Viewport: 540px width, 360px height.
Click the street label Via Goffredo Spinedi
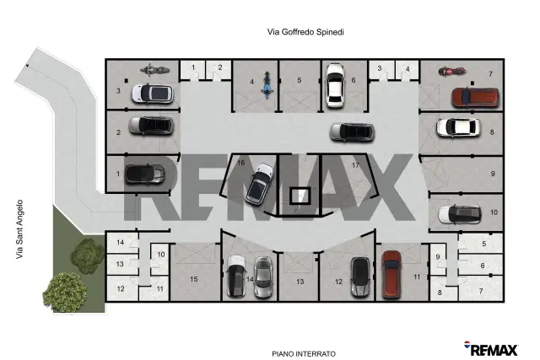[305, 32]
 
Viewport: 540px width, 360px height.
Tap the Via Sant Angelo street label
[19, 229]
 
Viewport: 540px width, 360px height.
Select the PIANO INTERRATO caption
[304, 353]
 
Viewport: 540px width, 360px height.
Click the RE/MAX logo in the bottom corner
[491, 349]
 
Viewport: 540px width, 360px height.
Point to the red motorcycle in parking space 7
[452, 72]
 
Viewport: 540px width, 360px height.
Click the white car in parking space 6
[335, 85]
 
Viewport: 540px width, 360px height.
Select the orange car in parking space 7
[475, 98]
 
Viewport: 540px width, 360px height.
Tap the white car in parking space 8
[458, 127]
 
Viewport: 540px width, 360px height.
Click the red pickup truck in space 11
[391, 274]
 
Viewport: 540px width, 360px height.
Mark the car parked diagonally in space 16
[260, 183]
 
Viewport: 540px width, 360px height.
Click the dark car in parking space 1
[144, 174]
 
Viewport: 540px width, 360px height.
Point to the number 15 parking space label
[194, 279]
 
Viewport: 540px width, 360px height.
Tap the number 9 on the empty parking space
[493, 174]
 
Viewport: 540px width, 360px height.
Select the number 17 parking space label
[355, 165]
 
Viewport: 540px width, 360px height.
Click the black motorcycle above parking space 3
[154, 70]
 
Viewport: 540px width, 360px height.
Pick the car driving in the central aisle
[352, 132]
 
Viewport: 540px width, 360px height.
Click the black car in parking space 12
[360, 277]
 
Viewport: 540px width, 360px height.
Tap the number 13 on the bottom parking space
[300, 282]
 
